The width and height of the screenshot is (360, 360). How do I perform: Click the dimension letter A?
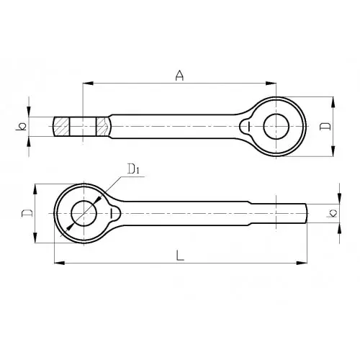(179, 76)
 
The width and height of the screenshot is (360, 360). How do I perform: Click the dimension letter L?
(180, 255)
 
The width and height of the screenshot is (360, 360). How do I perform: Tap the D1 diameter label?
(133, 168)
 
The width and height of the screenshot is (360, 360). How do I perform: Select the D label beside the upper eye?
(325, 127)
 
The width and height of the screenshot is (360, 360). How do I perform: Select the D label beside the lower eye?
(27, 213)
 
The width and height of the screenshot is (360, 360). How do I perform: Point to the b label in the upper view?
(21, 127)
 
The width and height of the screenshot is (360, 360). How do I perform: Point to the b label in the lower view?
(332, 213)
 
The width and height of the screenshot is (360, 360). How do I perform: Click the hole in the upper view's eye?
(276, 127)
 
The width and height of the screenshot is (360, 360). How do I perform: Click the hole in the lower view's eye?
(84, 213)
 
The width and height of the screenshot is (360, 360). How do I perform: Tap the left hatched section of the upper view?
(61, 127)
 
